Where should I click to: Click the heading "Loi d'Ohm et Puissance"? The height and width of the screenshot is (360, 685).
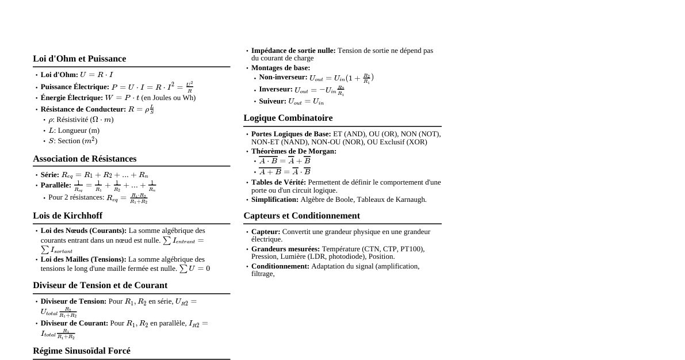click(79, 59)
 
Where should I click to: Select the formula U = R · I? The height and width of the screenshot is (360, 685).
click(96, 75)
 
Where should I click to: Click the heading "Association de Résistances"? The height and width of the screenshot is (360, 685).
click(85, 159)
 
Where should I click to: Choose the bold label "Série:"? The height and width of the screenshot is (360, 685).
click(50, 175)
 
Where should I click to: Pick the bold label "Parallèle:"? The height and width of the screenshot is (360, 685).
click(56, 185)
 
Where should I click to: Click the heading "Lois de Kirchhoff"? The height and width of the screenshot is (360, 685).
click(67, 216)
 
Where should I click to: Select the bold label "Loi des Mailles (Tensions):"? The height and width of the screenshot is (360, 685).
click(83, 259)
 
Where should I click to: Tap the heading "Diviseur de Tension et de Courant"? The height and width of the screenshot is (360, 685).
click(100, 285)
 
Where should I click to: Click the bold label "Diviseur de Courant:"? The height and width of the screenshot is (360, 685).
click(74, 323)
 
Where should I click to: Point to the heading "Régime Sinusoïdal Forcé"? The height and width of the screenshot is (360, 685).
click(82, 351)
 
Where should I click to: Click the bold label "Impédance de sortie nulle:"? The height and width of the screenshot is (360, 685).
click(293, 51)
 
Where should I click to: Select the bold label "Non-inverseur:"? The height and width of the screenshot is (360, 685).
click(283, 77)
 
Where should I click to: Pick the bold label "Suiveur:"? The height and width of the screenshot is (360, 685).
click(273, 101)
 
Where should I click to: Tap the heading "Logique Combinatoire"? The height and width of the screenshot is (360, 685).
click(288, 118)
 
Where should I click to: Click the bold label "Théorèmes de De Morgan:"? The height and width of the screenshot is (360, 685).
click(294, 151)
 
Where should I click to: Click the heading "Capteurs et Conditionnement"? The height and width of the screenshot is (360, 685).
click(301, 216)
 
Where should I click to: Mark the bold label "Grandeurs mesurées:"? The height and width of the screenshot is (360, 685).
click(285, 249)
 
